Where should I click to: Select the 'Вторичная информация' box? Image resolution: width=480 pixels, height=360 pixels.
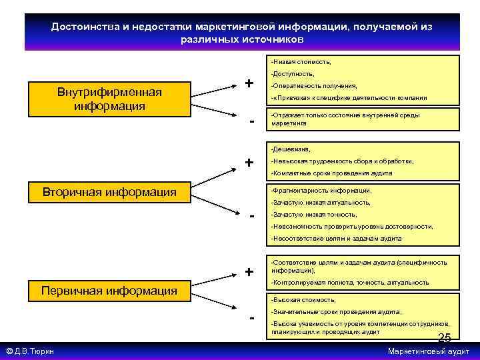pos(109,193)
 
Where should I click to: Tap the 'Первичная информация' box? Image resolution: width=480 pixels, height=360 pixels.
pos(109,290)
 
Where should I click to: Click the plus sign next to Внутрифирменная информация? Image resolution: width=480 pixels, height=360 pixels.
pos(249,84)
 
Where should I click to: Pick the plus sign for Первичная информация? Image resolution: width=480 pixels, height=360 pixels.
pos(249,272)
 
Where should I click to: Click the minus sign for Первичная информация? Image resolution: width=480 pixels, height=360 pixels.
pos(252,317)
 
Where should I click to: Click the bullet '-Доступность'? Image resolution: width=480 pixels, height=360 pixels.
pos(293,73)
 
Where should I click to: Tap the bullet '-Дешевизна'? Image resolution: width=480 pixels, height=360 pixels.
pos(291,149)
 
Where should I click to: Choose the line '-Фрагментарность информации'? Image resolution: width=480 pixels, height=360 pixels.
pos(321,190)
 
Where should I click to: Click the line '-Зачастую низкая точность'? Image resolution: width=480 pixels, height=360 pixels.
pos(313,215)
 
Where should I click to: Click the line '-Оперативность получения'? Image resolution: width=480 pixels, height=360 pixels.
pos(313,85)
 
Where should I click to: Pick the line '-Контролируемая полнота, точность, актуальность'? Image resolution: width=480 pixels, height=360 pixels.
pos(349,283)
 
